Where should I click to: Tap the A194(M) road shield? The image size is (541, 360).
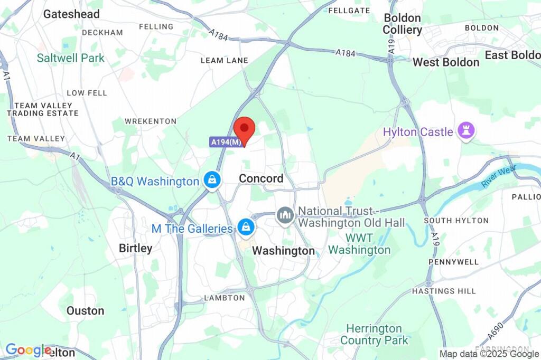tap(226, 142)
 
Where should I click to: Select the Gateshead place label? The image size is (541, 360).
tap(71, 14)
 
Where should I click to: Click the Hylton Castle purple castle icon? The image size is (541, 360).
tap(465, 131)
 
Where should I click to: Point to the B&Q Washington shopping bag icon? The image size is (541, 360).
tap(211, 180)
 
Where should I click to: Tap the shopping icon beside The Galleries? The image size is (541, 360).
tap(245, 228)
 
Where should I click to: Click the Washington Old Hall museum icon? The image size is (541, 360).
tap(285, 215)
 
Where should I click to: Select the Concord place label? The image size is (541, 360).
tap(261, 178)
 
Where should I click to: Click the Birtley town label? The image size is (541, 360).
tap(135, 248)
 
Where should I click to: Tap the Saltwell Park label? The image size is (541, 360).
tap(71, 58)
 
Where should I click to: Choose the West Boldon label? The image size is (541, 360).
tap(446, 62)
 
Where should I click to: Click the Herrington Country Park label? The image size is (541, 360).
tap(375, 334)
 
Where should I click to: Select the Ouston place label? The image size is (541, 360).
tap(85, 311)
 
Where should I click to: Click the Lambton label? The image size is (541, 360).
tap(225, 298)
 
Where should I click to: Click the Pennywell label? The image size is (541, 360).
tap(454, 262)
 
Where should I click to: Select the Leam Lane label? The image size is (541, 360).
tap(224, 61)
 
